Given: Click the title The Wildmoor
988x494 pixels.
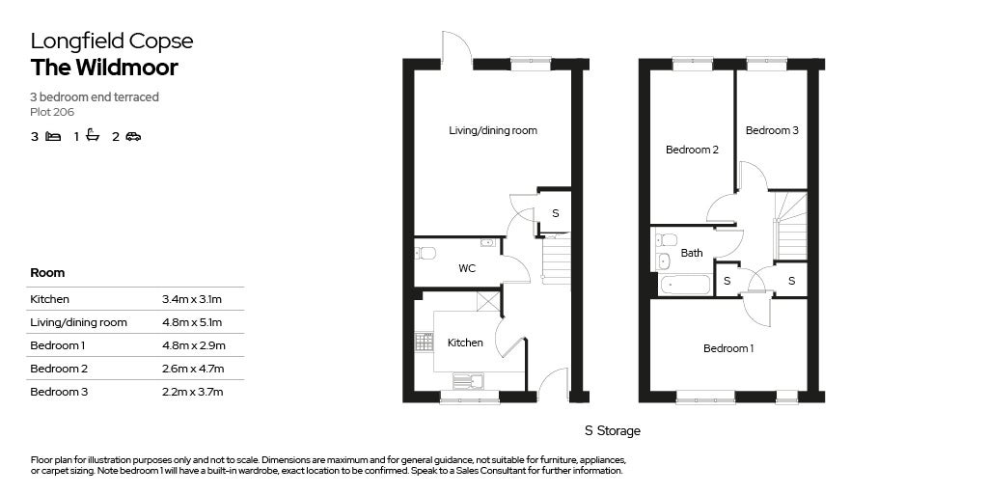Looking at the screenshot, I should (x=104, y=68).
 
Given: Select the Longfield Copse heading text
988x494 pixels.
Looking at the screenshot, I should (x=111, y=41).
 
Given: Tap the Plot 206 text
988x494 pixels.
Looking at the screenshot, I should (x=52, y=112).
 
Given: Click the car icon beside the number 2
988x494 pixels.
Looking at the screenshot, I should (x=133, y=137).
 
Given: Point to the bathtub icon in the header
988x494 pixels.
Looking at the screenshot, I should (x=93, y=136).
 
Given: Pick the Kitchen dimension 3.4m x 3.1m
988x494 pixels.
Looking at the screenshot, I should (x=192, y=299).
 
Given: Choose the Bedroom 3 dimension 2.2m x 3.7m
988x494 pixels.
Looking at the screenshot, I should (x=192, y=392).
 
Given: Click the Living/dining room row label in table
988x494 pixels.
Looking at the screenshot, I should (x=78, y=322).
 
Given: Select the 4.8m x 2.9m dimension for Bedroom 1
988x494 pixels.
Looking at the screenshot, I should (x=193, y=345).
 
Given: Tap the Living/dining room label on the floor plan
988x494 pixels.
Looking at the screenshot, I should (x=493, y=130).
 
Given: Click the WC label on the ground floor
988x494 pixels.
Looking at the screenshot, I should (x=467, y=268).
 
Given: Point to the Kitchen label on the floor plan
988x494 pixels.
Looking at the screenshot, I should (x=465, y=343).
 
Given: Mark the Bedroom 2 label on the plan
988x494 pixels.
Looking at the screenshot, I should (x=692, y=150).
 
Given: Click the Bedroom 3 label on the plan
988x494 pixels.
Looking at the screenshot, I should (x=771, y=130).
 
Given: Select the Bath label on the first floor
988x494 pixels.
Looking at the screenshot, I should (x=692, y=254).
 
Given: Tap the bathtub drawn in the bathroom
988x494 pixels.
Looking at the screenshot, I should (x=684, y=284).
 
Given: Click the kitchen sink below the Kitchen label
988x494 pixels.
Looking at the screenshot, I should (x=468, y=381).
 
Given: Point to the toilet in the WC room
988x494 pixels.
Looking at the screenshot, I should (x=425, y=253).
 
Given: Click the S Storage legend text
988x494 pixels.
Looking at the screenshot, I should (x=612, y=431).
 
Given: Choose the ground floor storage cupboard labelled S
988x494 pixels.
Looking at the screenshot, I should (x=555, y=213).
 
